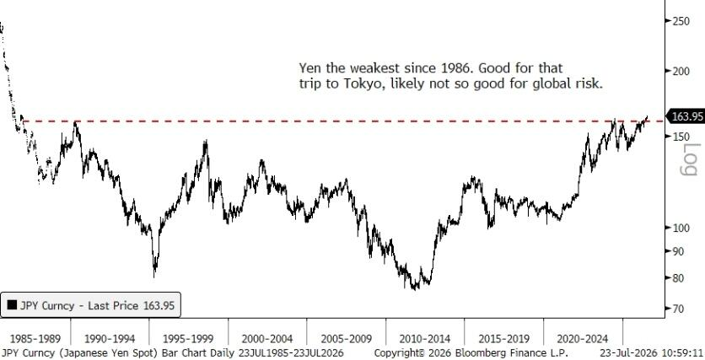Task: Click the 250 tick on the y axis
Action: click(x=681, y=21)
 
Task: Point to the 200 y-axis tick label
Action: click(x=681, y=71)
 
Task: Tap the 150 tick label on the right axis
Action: click(x=681, y=137)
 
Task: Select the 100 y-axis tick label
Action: click(x=681, y=228)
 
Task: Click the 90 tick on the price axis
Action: click(x=679, y=251)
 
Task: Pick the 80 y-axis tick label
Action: click(x=679, y=277)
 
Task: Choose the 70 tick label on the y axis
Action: click(x=679, y=309)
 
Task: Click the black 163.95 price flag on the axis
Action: click(x=686, y=116)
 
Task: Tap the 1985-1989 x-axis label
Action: click(x=35, y=338)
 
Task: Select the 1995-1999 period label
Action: click(x=188, y=338)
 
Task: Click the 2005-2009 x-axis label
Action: click(x=346, y=338)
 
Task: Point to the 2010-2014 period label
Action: click(x=425, y=338)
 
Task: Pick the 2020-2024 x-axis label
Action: click(x=582, y=338)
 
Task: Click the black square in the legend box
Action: click(x=12, y=305)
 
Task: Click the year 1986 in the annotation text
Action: click(x=453, y=68)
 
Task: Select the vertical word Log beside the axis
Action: click(x=690, y=159)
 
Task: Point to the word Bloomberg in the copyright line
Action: click(x=477, y=352)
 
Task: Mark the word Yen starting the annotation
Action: click(x=309, y=68)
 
